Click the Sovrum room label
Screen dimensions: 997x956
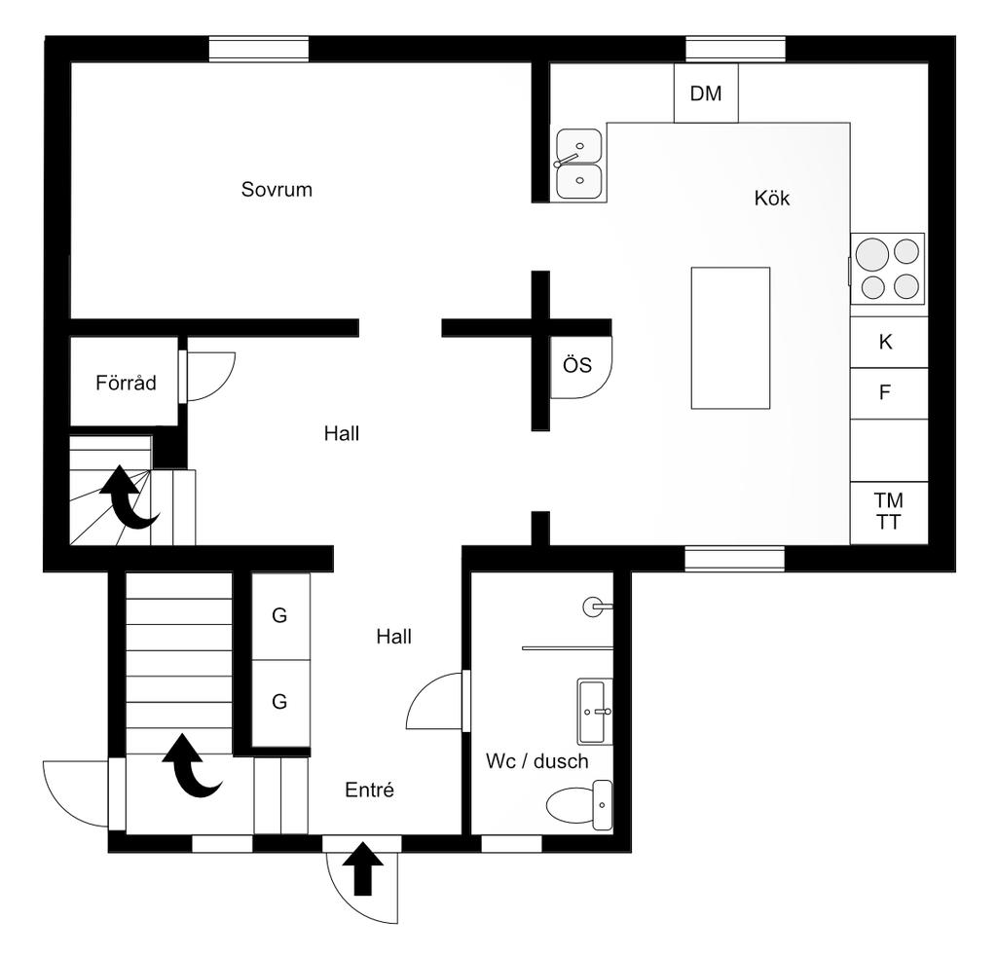(x=277, y=190)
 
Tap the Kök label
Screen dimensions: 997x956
(x=772, y=199)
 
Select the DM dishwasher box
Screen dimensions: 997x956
(x=706, y=92)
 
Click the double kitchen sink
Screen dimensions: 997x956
(x=578, y=164)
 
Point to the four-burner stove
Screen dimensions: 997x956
(x=888, y=269)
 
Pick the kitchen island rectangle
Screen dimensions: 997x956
(x=730, y=338)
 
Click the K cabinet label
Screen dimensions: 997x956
(x=885, y=342)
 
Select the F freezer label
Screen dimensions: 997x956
(x=884, y=392)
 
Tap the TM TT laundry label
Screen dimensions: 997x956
(x=888, y=511)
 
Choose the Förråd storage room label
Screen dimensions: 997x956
(x=126, y=383)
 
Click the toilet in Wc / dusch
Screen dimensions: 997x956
(x=579, y=805)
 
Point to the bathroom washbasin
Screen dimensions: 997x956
(x=594, y=712)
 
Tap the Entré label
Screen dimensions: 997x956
(x=369, y=790)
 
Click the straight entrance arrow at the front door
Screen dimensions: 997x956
(x=362, y=868)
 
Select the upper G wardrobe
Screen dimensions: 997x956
(x=280, y=616)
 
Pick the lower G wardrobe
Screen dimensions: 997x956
(x=280, y=703)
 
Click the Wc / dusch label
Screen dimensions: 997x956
(x=537, y=761)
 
